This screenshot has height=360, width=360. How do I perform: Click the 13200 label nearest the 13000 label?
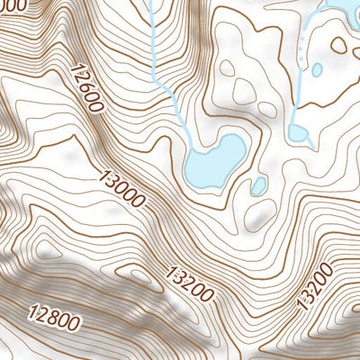(x=189, y=282)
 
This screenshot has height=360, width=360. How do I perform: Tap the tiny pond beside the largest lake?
(x=258, y=186)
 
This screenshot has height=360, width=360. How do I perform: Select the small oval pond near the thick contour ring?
(x=317, y=68)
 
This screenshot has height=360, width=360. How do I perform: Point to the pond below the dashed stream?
(x=300, y=133)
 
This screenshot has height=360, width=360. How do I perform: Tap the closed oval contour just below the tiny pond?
(x=264, y=212)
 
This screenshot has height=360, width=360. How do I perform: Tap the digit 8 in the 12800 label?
(x=51, y=315)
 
